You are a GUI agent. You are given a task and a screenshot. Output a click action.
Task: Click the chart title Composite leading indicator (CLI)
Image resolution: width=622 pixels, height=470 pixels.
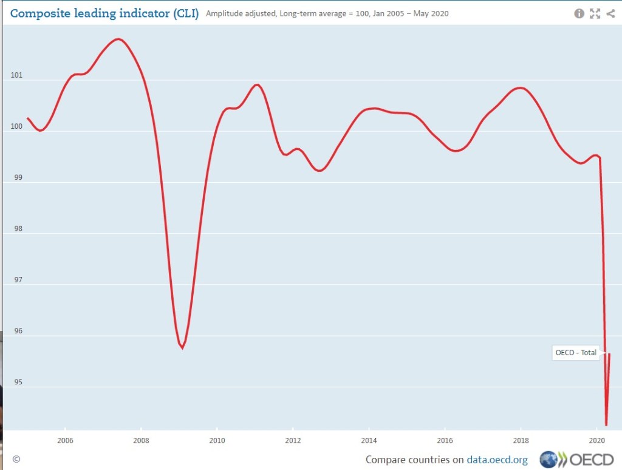104,13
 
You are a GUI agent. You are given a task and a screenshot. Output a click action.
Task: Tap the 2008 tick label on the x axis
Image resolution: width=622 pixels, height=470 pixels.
141,441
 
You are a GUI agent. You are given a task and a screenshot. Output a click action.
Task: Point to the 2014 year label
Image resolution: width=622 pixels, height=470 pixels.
369,441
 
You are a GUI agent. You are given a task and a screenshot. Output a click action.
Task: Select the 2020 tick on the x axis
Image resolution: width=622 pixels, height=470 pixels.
596,441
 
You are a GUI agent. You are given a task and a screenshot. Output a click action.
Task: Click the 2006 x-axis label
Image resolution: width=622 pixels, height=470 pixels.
65,441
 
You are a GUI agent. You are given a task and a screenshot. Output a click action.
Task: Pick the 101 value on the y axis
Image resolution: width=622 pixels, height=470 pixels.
16,76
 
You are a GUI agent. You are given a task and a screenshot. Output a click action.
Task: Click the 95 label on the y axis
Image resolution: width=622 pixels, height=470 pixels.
16,382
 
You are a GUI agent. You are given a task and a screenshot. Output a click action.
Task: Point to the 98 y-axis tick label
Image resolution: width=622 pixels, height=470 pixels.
16,229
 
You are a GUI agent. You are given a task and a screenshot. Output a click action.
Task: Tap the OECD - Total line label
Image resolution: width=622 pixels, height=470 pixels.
576,352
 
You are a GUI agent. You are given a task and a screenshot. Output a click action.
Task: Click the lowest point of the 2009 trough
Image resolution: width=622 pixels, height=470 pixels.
182,348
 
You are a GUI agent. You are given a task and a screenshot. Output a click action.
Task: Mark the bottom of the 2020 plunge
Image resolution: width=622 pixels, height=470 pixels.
606,424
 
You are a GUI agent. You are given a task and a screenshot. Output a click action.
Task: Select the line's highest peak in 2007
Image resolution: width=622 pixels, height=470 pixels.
118,39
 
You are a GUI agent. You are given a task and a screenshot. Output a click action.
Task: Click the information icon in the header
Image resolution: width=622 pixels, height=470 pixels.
579,13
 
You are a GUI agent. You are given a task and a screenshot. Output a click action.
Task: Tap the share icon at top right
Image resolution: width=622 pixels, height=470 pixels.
610,13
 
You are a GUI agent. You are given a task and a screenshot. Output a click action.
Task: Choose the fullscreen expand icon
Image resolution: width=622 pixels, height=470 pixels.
595,13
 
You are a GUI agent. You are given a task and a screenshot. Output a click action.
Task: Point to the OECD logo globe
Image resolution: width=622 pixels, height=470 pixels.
549,460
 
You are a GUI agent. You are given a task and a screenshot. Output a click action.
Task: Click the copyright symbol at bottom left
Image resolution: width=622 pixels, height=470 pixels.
16,460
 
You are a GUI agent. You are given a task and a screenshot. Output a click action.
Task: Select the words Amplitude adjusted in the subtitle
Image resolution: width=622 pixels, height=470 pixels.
241,13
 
